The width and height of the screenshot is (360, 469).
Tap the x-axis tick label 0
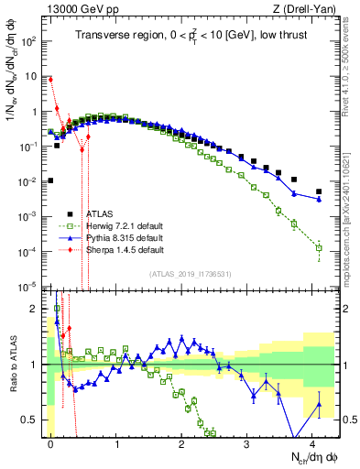pyautogui.click(x=50, y=443)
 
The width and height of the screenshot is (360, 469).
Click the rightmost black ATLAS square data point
pyautogui.click(x=319, y=191)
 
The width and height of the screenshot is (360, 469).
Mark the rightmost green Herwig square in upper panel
pyautogui.click(x=319, y=247)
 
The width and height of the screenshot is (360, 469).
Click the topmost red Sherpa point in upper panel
pyautogui.click(x=50, y=80)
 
